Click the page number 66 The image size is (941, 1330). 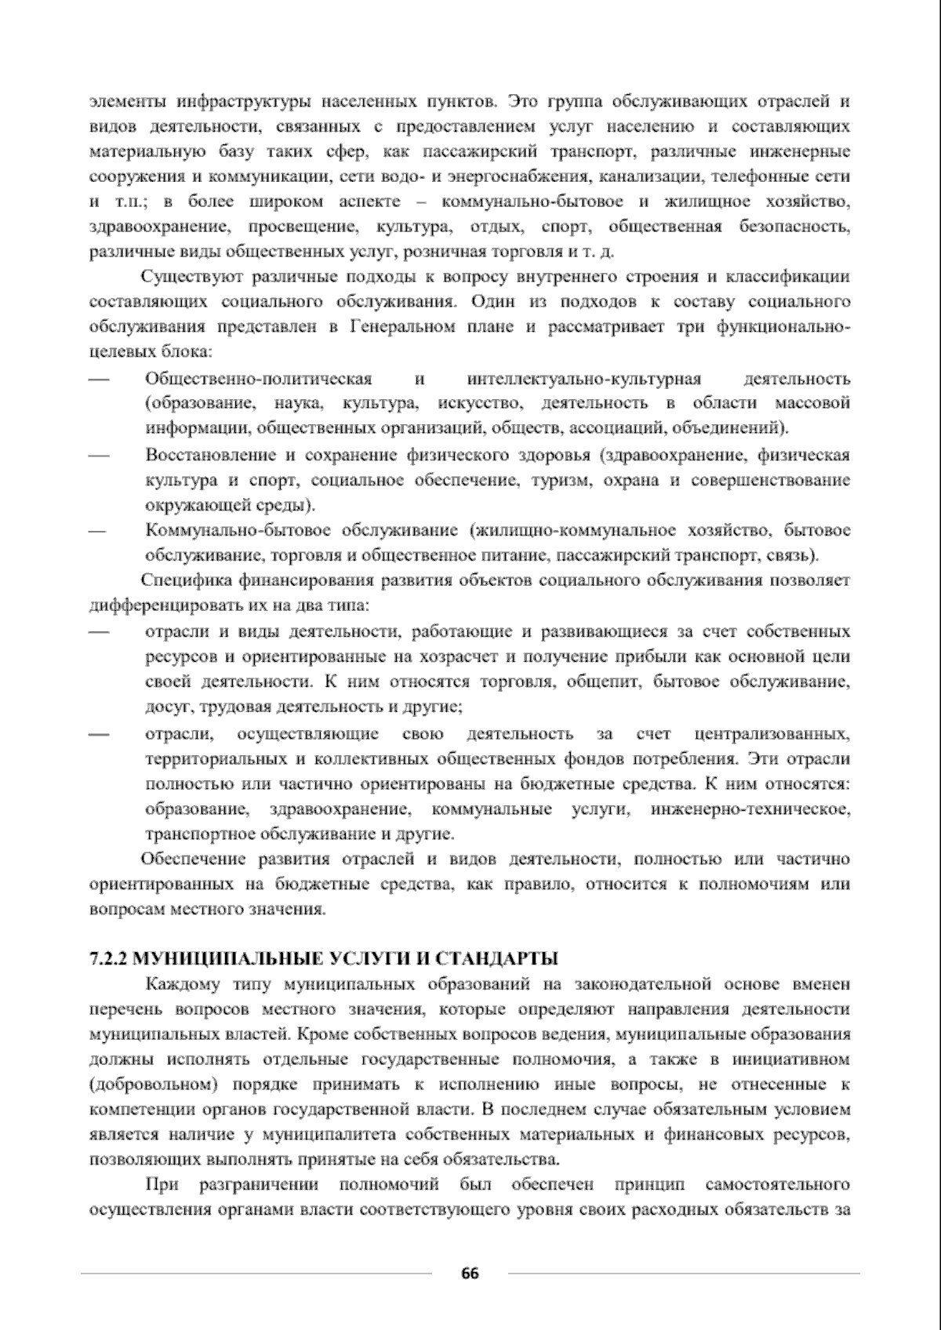pyautogui.click(x=470, y=1273)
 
